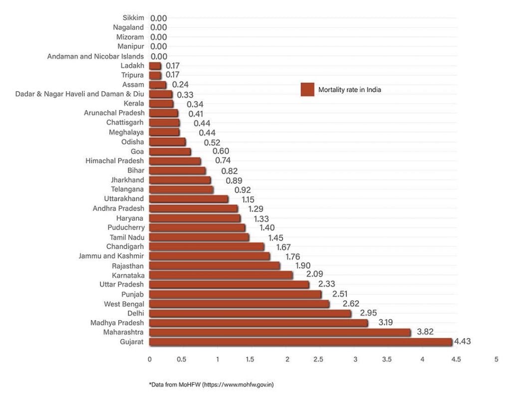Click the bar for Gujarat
coord(300,342)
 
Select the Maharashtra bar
coord(279,333)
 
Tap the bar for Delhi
coord(250,314)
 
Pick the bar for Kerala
coord(161,104)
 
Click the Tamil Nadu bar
coord(199,237)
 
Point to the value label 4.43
coord(463,342)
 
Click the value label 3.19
coord(385,323)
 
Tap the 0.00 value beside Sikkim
coord(159,18)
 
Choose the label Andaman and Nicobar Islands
coord(95,56)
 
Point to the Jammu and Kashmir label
coord(111,256)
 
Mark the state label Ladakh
coord(132,66)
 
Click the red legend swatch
coord(307,89)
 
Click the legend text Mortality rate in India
coord(349,90)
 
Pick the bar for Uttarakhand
coord(189,199)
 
